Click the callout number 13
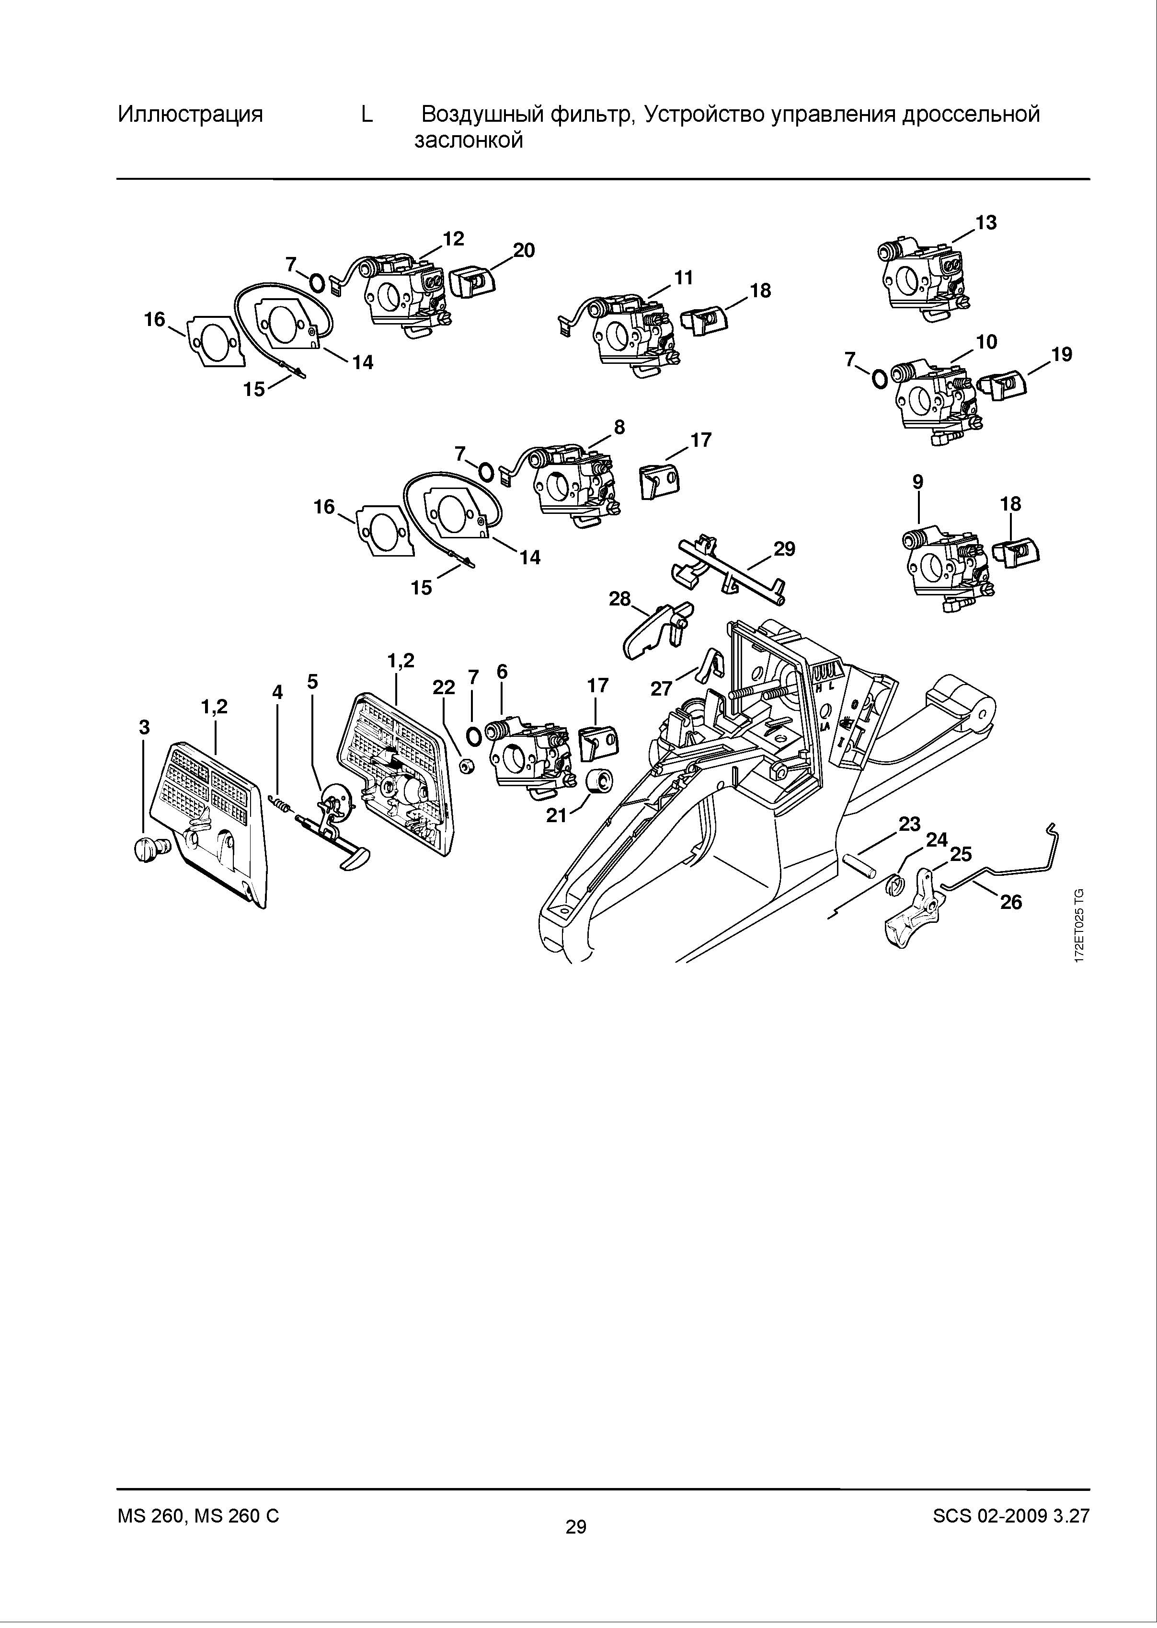986,222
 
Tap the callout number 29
784,549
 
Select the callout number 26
1011,902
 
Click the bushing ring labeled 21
599,780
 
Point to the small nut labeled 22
466,766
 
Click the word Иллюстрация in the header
190,114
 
